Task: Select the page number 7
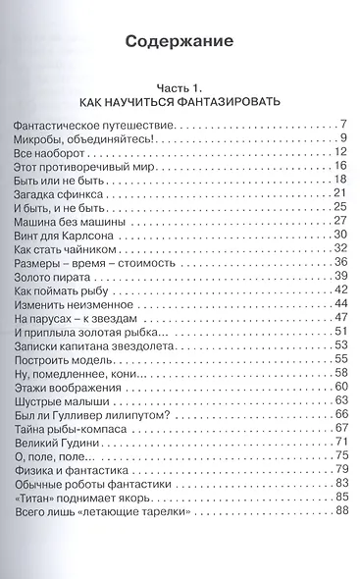(x=343, y=126)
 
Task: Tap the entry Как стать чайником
(x=68, y=252)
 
